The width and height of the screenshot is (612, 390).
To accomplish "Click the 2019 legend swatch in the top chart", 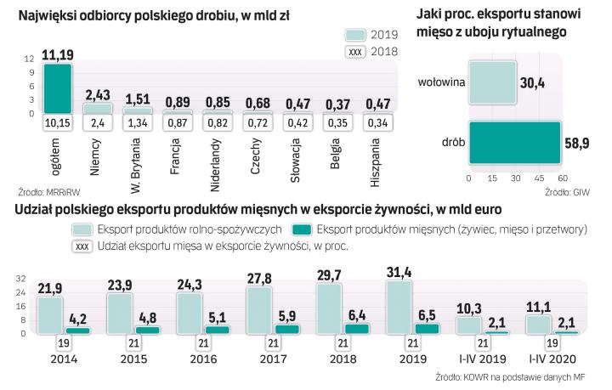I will click(x=356, y=34).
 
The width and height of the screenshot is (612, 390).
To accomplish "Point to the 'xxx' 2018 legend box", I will click(x=356, y=52).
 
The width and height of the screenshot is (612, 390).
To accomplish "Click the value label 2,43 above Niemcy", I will click(x=97, y=94).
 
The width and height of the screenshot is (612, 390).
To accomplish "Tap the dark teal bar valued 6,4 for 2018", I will click(x=359, y=328).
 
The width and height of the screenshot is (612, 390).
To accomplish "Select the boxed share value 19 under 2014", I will click(x=63, y=342).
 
